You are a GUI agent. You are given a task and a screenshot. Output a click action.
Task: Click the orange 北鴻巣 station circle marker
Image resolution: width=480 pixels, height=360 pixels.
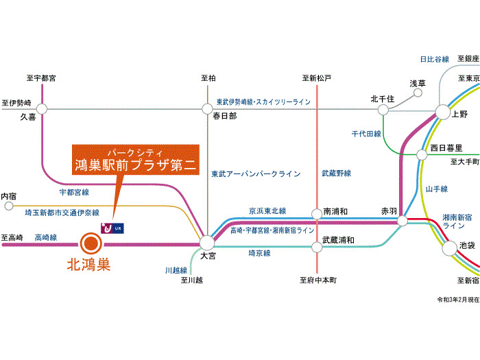[x=90, y=242]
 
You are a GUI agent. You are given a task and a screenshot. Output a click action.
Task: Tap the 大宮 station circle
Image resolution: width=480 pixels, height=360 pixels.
[x=207, y=242]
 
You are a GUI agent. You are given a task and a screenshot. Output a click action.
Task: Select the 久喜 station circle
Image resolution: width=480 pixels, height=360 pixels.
[x=43, y=108]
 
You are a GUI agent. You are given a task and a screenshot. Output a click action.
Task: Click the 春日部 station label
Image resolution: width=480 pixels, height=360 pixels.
[x=224, y=117]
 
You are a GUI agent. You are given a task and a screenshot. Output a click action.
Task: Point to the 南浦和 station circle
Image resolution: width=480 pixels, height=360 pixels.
[x=317, y=214]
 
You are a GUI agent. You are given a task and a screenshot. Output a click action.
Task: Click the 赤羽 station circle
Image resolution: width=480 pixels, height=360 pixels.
[x=403, y=221]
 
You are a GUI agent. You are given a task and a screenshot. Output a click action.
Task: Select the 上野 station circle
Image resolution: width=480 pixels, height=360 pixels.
[x=442, y=112]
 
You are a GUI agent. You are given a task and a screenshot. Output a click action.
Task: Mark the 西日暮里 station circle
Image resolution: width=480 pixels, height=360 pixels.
[x=422, y=154]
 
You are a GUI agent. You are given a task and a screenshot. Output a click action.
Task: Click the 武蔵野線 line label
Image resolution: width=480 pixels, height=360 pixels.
[x=336, y=173]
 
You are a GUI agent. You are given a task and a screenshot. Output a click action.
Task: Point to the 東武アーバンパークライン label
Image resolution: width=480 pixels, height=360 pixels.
[x=256, y=173]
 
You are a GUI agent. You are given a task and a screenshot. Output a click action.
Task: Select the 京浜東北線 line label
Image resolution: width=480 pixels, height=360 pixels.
[x=267, y=211]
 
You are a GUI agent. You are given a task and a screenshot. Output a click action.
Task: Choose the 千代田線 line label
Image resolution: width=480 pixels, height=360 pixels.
[x=366, y=134]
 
